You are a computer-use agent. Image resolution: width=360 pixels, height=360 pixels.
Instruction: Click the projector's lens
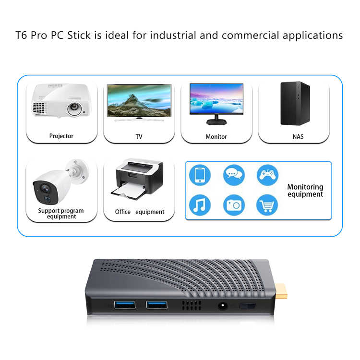pyautogui.click(x=74, y=108)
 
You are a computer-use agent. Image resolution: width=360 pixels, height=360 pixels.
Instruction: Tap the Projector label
pyautogui.click(x=61, y=136)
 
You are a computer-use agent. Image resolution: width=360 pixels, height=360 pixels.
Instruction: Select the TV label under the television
pyautogui.click(x=139, y=136)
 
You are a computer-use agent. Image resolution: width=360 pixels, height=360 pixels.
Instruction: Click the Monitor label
pyautogui.click(x=216, y=136)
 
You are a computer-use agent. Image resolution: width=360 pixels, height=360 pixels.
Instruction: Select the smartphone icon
pyautogui.click(x=200, y=175)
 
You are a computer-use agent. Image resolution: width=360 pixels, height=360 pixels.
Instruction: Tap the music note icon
pyautogui.click(x=200, y=205)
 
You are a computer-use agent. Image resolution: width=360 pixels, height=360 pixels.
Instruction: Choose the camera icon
pyautogui.click(x=234, y=205)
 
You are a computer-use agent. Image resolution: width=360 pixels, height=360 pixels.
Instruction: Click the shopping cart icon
pyautogui.click(x=267, y=205)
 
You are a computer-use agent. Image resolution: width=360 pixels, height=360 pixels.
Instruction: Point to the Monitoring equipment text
pyautogui.click(x=305, y=191)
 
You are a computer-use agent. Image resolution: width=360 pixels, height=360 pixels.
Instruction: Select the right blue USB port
pyautogui.click(x=157, y=305)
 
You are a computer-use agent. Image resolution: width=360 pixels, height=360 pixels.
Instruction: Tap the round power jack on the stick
pyautogui.click(x=223, y=306)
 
